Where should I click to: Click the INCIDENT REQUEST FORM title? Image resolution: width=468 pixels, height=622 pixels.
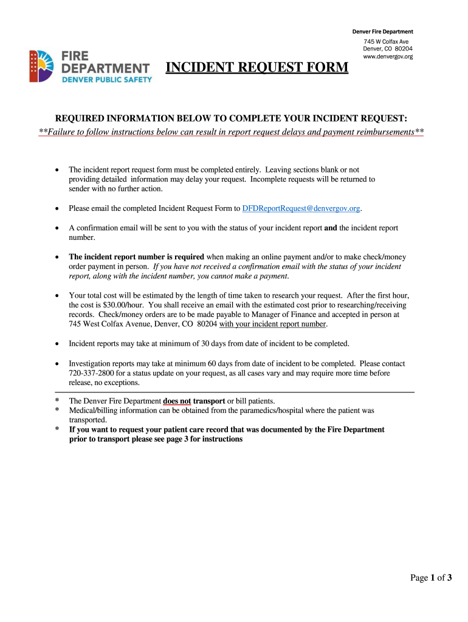(257, 67)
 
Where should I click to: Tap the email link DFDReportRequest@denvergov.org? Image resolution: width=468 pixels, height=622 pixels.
(301, 208)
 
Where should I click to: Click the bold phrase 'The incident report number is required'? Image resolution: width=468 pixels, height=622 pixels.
(136, 257)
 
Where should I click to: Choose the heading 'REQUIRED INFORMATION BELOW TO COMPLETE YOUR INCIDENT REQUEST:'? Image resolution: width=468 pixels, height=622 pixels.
(232, 117)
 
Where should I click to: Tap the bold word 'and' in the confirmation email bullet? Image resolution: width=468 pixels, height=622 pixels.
(331, 228)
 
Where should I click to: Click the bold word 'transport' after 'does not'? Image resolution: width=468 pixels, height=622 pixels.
(209, 401)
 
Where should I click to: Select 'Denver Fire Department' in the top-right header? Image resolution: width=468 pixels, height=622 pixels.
(383, 32)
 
